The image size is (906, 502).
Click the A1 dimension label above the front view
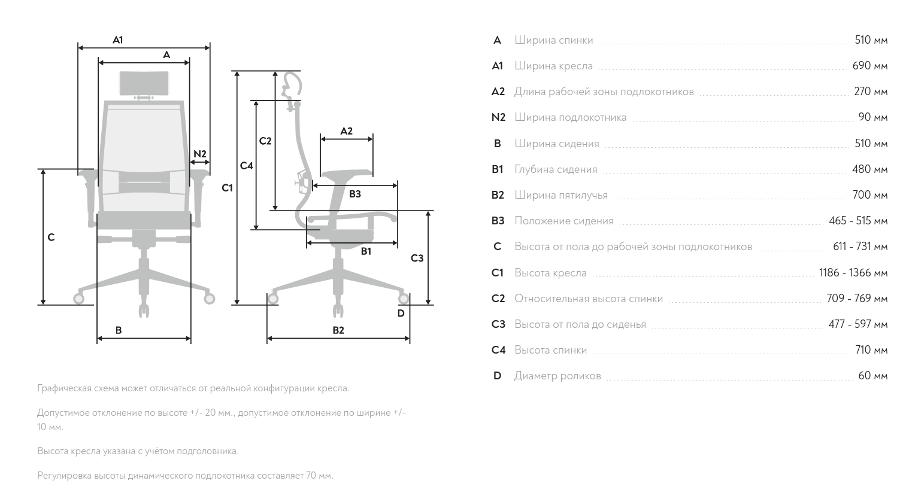point(118,40)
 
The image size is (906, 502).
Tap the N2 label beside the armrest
point(199,154)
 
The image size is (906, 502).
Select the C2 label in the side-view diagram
point(265,141)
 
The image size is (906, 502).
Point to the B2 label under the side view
point(338,330)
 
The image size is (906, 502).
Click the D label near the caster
point(401,313)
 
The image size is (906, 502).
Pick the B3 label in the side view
point(355,194)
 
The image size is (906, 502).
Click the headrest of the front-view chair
point(144,83)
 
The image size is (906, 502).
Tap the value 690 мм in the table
point(869,66)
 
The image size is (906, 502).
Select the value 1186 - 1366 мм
point(853,273)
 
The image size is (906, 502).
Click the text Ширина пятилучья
point(560,195)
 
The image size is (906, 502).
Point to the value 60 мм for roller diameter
point(872,376)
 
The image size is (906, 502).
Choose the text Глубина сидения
point(556,169)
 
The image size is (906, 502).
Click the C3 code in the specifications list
point(498,324)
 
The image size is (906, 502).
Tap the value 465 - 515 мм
point(857,221)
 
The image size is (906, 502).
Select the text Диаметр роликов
point(557,376)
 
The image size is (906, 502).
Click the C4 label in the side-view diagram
point(247,166)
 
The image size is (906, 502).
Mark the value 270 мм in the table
point(871,92)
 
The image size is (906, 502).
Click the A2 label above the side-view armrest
point(346,131)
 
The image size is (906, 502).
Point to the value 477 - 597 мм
point(857,324)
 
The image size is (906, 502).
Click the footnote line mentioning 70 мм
point(185,476)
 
